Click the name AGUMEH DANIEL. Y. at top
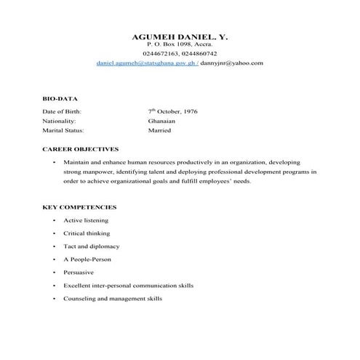click(x=180, y=36)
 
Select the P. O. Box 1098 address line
click(x=180, y=44)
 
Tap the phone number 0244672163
click(x=161, y=54)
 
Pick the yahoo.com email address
click(x=232, y=63)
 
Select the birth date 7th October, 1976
click(x=172, y=111)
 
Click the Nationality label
click(x=60, y=121)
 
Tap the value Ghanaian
click(x=161, y=121)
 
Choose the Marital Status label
click(x=64, y=131)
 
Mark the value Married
click(x=159, y=131)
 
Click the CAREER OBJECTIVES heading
click(x=80, y=148)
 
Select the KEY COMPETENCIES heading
click(x=79, y=207)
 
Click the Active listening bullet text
click(x=86, y=220)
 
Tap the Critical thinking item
click(x=87, y=233)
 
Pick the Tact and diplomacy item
click(x=91, y=247)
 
